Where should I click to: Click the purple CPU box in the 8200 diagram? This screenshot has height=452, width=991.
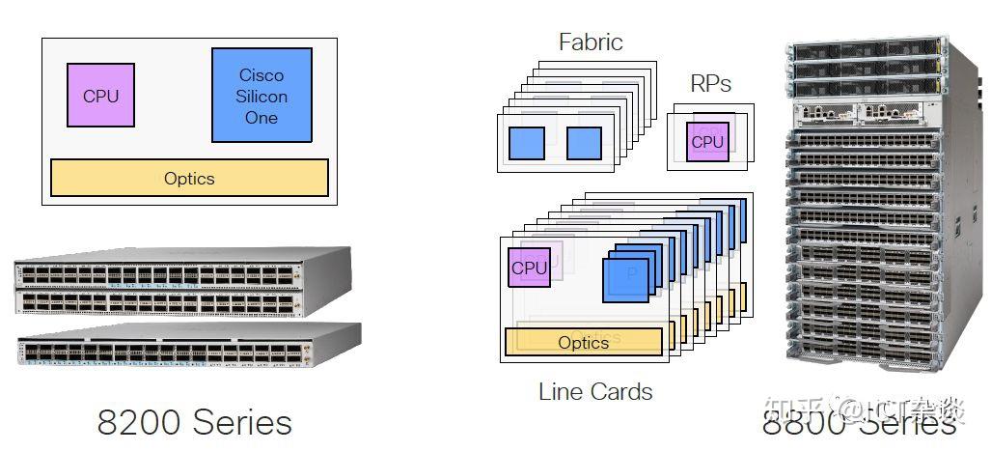(100, 96)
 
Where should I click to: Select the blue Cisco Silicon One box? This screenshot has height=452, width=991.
(262, 96)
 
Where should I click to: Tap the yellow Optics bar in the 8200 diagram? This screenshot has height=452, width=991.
(189, 179)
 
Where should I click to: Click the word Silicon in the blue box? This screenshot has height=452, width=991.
(262, 97)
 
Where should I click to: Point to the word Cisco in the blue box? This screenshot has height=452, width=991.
(262, 75)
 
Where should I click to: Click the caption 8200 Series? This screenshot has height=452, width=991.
(194, 422)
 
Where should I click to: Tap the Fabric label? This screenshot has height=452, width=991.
(591, 42)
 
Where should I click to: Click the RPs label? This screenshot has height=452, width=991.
(710, 84)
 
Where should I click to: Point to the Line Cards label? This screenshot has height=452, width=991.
(595, 392)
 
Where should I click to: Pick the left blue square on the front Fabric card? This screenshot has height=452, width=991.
(527, 143)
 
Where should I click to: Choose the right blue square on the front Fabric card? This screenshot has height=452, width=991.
(584, 143)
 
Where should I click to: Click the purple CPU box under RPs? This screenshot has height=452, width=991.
(708, 142)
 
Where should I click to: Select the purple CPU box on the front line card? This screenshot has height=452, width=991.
(529, 268)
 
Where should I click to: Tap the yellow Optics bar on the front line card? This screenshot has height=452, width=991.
(584, 342)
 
